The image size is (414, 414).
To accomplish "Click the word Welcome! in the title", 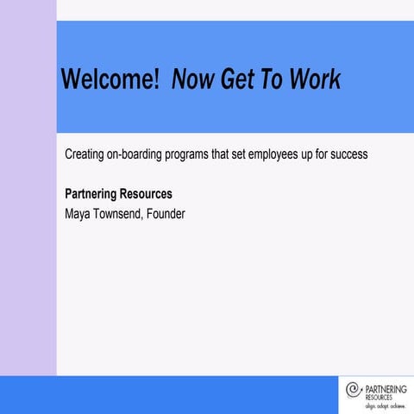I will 110,80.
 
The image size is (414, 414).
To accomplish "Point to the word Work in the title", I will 316,80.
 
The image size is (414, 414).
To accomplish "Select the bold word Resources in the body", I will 148,194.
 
